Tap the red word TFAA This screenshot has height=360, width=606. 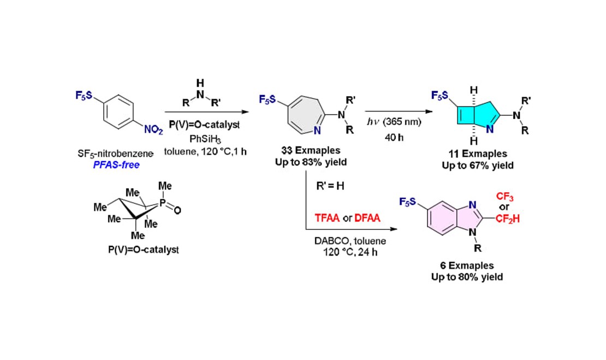coord(328,217)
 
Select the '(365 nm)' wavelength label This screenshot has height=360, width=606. coord(403,122)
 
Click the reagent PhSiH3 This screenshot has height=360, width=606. coord(200,139)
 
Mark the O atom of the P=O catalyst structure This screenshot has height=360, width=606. coord(178,210)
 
